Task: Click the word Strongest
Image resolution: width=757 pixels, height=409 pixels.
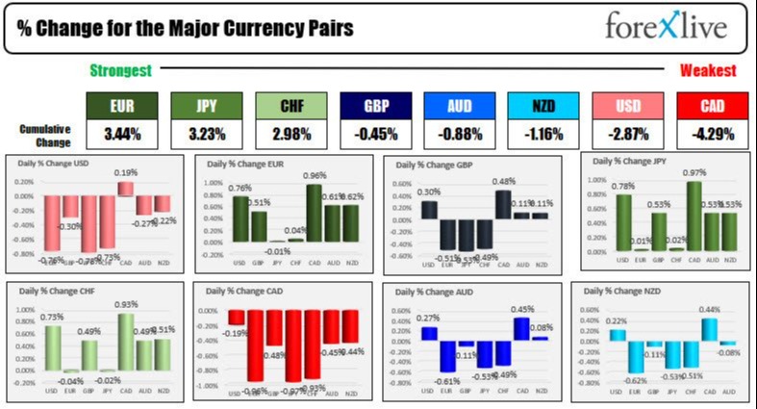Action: coord(120,70)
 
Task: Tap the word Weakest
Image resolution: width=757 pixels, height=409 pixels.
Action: coord(708,70)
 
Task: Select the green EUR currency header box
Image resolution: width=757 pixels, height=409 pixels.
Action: coord(121,106)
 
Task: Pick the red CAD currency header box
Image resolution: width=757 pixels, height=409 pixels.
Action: coord(713,106)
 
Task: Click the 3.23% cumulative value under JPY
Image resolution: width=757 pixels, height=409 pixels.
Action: coord(206,133)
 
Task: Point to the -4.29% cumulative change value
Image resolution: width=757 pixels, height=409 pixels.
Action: coord(713,133)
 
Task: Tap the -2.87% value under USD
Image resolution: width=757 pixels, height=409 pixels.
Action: coord(628,133)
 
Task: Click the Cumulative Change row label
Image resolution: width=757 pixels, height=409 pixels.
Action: coord(44,134)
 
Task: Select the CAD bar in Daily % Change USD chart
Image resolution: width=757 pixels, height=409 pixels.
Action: coord(125,189)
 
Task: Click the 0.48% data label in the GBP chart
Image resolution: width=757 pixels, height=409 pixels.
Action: coord(503,182)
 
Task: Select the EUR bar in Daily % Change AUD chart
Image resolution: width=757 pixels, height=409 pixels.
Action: coord(447,355)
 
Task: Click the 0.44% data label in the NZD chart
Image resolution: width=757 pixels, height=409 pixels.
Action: coord(709,310)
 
